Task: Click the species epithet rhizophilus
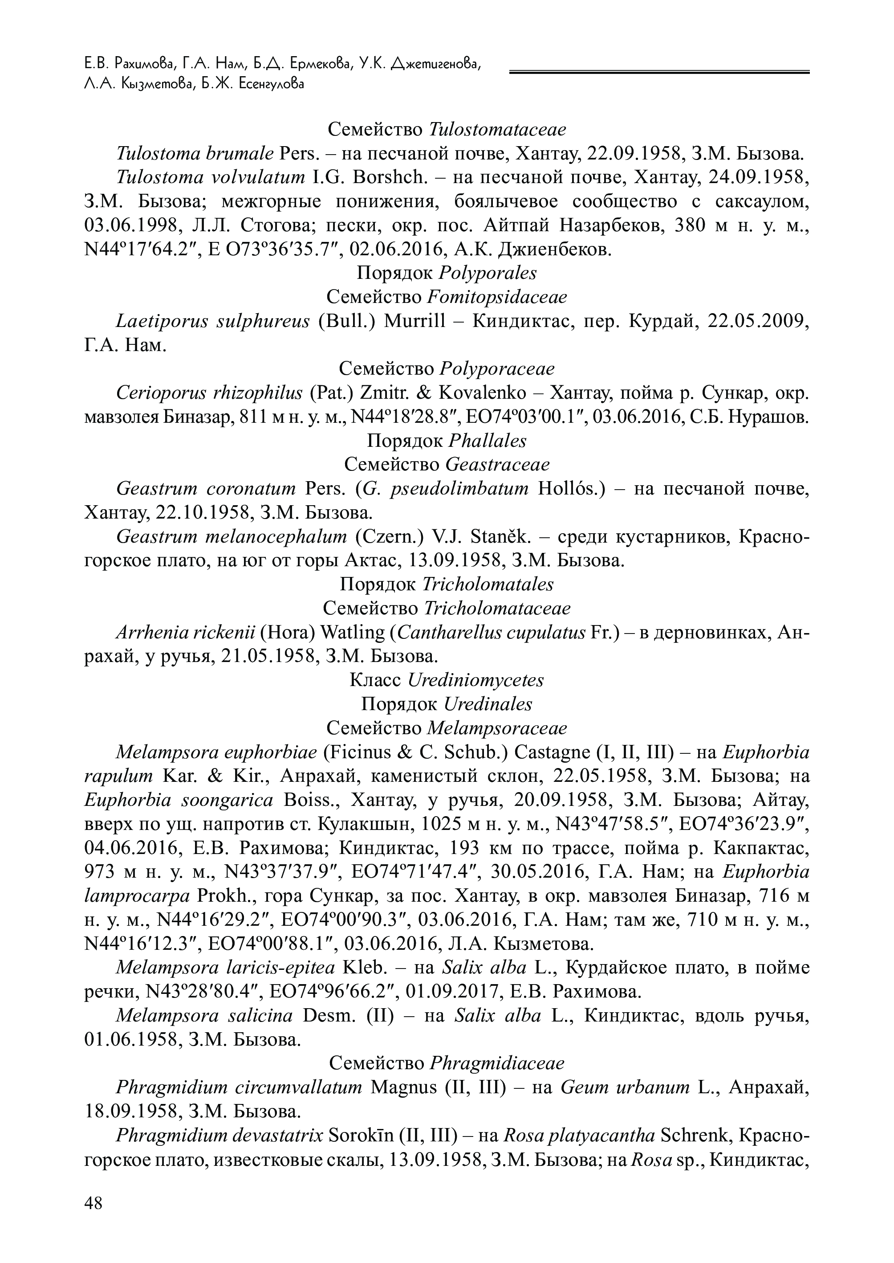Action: coord(255,393)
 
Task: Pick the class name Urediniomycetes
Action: coord(475,680)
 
